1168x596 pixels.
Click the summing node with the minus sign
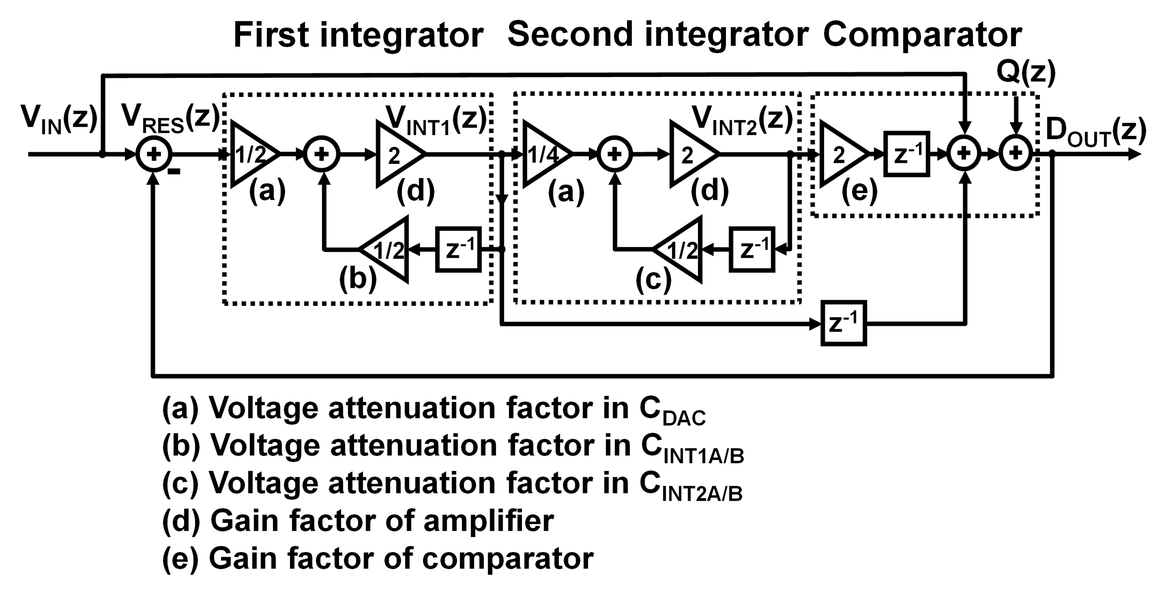[x=154, y=154]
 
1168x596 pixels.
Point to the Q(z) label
[x=1026, y=73]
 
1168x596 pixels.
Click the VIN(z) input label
[x=59, y=119]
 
